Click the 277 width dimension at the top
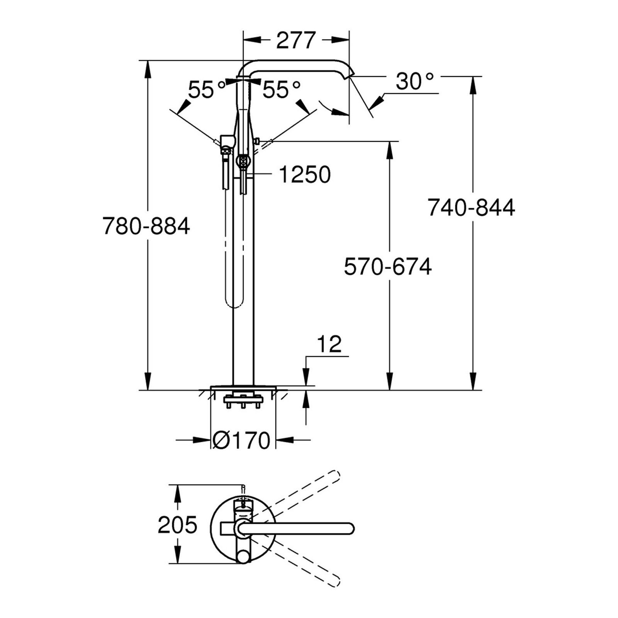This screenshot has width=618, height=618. [296, 40]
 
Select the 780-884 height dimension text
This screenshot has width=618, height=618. [146, 226]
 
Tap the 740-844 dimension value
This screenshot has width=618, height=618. [471, 207]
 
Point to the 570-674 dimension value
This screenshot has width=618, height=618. [388, 267]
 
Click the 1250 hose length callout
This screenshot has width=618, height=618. [305, 174]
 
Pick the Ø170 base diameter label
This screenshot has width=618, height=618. [241, 440]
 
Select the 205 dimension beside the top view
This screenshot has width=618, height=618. [178, 525]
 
